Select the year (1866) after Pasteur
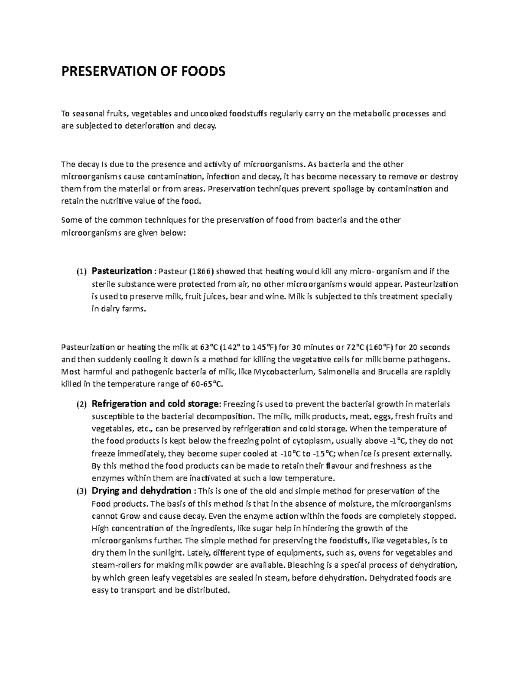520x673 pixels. coord(201,272)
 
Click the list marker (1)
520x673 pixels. coord(81,272)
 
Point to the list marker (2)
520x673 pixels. coord(81,404)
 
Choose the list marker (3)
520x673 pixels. coord(81,491)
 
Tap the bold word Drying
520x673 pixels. coord(105,491)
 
